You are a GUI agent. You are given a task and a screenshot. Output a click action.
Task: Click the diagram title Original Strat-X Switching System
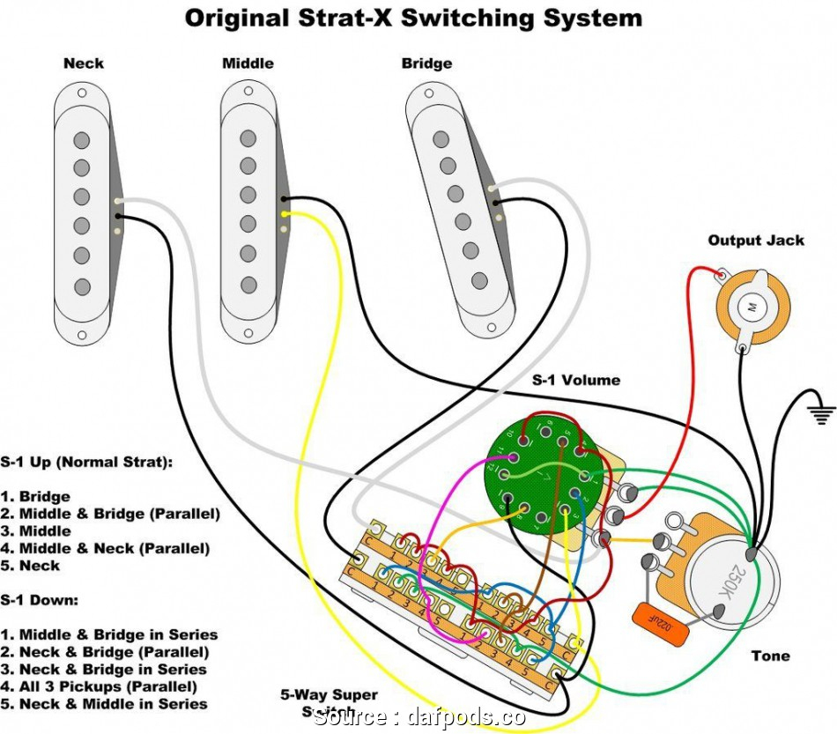pyautogui.click(x=413, y=19)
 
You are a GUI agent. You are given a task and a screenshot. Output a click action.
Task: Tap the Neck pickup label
pyautogui.click(x=84, y=63)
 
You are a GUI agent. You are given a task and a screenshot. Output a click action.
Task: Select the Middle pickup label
pyautogui.click(x=248, y=63)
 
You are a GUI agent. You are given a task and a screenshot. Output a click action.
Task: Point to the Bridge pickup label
pyautogui.click(x=426, y=63)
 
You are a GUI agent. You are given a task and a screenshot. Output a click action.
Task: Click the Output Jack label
pyautogui.click(x=756, y=241)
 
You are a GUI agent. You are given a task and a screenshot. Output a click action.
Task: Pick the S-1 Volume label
pyautogui.click(x=575, y=381)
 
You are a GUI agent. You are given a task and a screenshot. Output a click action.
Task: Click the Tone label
pyautogui.click(x=770, y=656)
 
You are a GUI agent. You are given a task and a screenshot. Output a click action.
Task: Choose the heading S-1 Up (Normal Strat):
pyautogui.click(x=86, y=462)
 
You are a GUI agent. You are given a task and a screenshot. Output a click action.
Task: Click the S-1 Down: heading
pyautogui.click(x=39, y=600)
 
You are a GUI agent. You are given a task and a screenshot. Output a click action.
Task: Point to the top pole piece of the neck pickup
pyautogui.click(x=83, y=139)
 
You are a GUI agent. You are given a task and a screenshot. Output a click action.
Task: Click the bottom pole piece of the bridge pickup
pyautogui.click(x=478, y=280)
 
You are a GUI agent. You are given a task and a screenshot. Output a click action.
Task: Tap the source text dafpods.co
pyautogui.click(x=419, y=717)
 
